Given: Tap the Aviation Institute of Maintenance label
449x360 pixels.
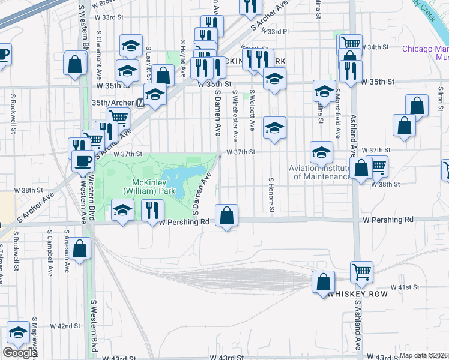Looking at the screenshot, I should pos(320,172).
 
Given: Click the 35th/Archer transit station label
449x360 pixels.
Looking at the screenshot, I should pos(114,103).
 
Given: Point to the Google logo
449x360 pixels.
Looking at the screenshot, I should pos(19,353).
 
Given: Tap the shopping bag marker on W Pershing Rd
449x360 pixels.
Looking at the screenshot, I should pos(226,216).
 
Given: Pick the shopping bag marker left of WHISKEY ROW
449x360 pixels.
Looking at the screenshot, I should pos(323,282).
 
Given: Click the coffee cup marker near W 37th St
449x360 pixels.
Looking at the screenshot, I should pos(83,161).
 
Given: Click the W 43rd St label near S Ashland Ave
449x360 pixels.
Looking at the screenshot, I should pos(390,356).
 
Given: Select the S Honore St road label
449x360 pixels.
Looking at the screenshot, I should pos(271,194).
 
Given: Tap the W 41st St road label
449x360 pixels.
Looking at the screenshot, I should pos(405,287).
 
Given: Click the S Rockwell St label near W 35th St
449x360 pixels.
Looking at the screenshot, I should pos(13,107).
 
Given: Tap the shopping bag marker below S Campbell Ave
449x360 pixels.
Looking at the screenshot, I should pos(79,250).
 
